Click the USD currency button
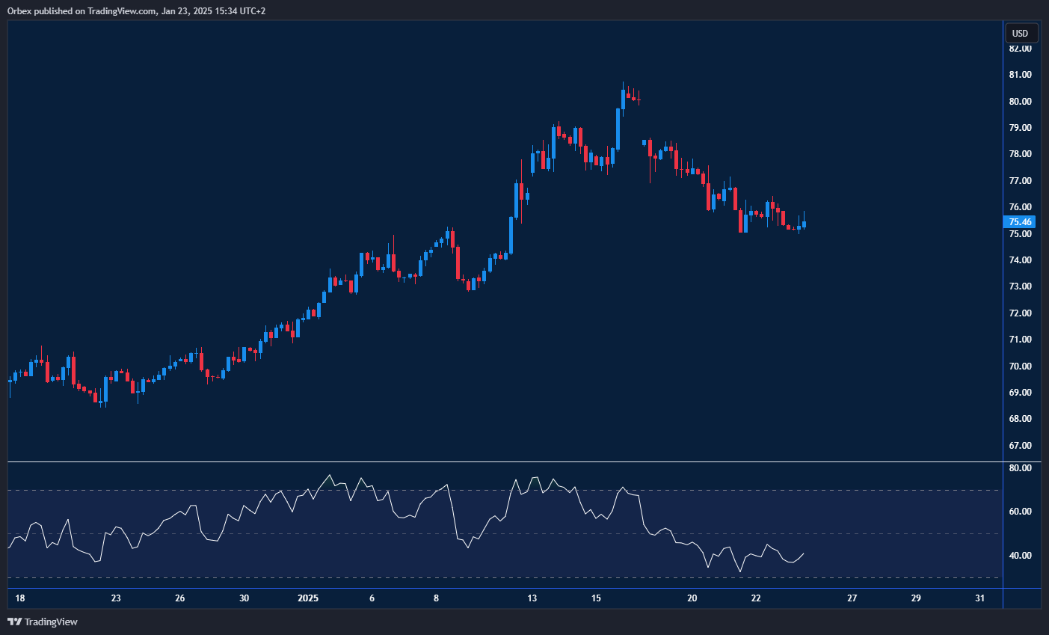click(x=1020, y=33)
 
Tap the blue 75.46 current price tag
click(x=1020, y=222)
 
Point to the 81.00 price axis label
click(x=1020, y=75)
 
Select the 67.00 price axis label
click(x=1020, y=446)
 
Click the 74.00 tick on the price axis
click(x=1020, y=260)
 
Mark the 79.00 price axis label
click(x=1020, y=128)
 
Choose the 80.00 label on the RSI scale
click(x=1020, y=468)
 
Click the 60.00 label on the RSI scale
click(x=1020, y=512)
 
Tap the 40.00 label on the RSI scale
click(x=1020, y=556)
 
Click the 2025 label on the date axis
click(x=308, y=598)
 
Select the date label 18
click(x=20, y=598)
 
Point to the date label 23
click(x=116, y=598)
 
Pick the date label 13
click(x=532, y=598)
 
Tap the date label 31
click(x=980, y=598)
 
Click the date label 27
click(x=852, y=598)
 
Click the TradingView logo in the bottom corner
click(x=43, y=622)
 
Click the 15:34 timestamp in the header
click(x=215, y=11)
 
